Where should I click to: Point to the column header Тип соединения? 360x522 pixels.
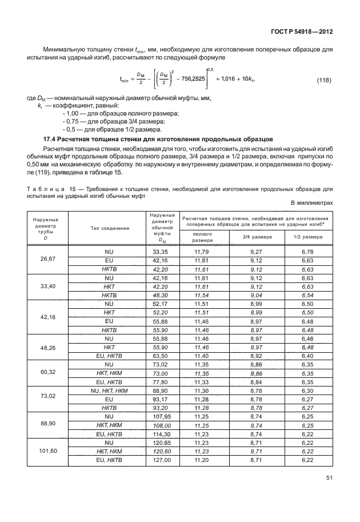(x=106, y=228)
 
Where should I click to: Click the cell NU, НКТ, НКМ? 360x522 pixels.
(x=106, y=403)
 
